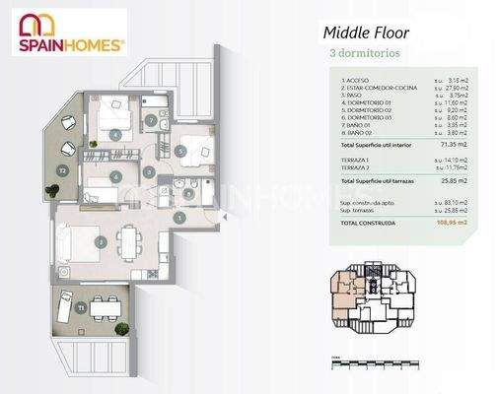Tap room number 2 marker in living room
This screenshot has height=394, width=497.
tap(100, 240)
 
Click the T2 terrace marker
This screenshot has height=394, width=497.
tap(61, 169)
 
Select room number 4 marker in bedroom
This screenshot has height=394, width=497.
tap(116, 133)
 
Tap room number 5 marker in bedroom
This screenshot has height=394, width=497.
tap(181, 151)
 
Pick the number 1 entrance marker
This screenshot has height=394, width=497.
tap(180, 217)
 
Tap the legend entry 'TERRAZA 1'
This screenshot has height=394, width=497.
tap(357, 158)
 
